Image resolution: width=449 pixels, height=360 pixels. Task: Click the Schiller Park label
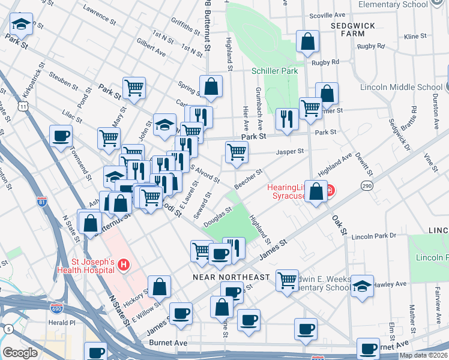pos(275,71)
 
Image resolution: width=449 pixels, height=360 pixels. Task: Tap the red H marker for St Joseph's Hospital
pos(124,264)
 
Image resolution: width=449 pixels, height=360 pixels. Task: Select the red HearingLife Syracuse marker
pos(330,192)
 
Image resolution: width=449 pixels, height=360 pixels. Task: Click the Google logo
pos(20,353)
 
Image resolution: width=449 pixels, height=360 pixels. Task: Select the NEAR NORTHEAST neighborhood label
pos(231,277)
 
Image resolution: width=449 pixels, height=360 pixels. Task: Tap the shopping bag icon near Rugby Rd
pos(307,41)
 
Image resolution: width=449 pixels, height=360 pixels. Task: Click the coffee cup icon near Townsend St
pos(61,136)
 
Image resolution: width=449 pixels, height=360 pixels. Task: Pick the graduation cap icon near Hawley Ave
pos(362,286)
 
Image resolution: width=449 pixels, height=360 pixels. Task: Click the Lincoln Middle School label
pos(401,87)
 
